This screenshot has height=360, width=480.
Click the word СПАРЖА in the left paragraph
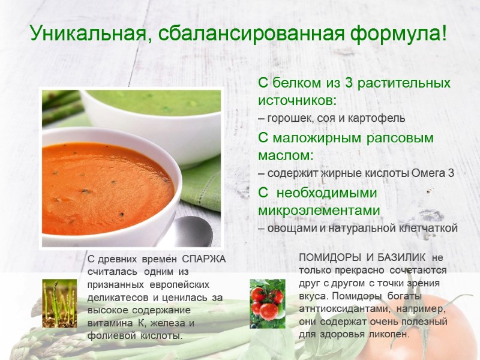coord(204,259)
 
